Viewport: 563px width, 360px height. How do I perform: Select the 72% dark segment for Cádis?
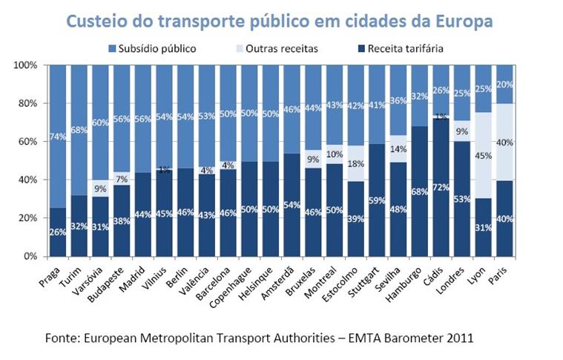pos(441,187)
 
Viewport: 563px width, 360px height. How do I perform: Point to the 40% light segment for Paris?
pos(505,143)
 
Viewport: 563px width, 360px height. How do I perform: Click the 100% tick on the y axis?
pos(26,65)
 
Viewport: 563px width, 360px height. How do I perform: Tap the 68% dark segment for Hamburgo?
pos(419,192)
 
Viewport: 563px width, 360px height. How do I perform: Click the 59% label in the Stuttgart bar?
pos(377,200)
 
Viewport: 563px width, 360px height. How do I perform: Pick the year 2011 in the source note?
pos(457,338)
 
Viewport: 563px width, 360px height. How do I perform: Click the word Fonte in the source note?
pos(63,338)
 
